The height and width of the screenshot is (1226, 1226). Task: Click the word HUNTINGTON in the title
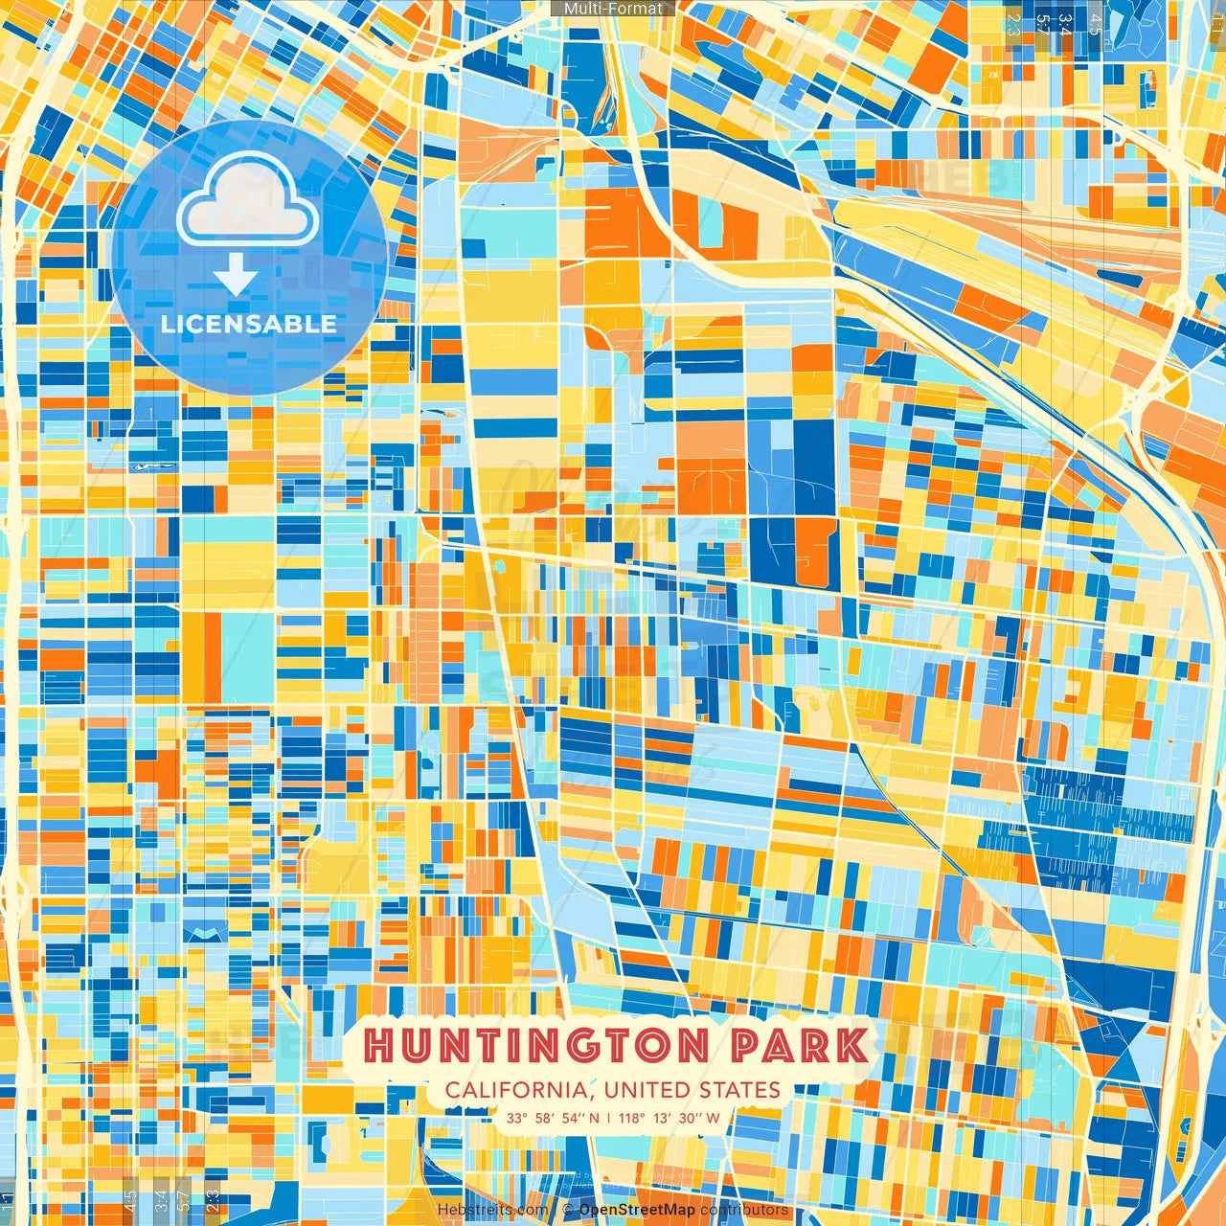tap(536, 1046)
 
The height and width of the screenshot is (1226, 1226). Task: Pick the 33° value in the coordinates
tap(517, 1118)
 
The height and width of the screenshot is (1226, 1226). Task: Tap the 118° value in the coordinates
tap(631, 1118)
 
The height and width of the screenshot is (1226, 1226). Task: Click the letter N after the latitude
tap(595, 1118)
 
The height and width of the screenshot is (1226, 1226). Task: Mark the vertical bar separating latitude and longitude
tap(608, 1118)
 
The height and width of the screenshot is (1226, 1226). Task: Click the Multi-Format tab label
tap(613, 9)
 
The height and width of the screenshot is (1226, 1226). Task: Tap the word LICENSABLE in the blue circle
tap(249, 324)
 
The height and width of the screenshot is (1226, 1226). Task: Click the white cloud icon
tap(247, 198)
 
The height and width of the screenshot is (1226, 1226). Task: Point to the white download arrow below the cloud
tap(236, 277)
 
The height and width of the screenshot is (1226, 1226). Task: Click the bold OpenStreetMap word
tap(637, 1210)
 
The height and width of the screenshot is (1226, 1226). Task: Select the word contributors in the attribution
tap(744, 1210)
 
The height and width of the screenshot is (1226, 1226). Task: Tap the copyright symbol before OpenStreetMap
tap(567, 1210)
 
